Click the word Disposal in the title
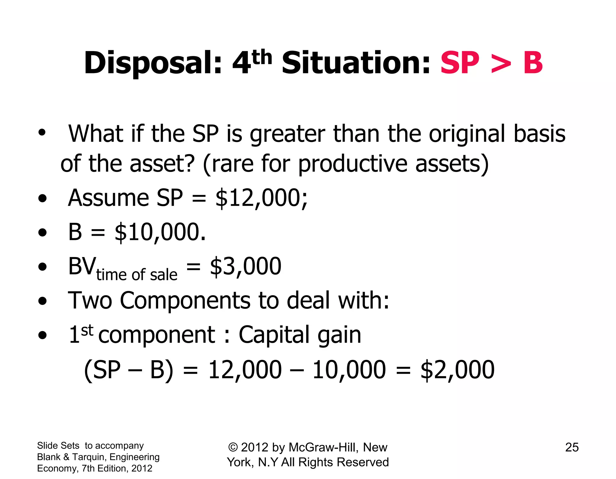click(x=153, y=63)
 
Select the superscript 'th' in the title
click(x=262, y=57)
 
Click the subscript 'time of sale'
click(x=137, y=275)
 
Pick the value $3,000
click(x=245, y=266)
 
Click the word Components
click(x=185, y=300)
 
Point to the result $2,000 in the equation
click(x=457, y=370)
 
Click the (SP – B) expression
click(x=129, y=370)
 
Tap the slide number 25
click(x=572, y=447)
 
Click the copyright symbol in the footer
click(x=233, y=447)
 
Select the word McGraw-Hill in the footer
click(x=323, y=447)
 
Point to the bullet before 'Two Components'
click(x=43, y=301)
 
